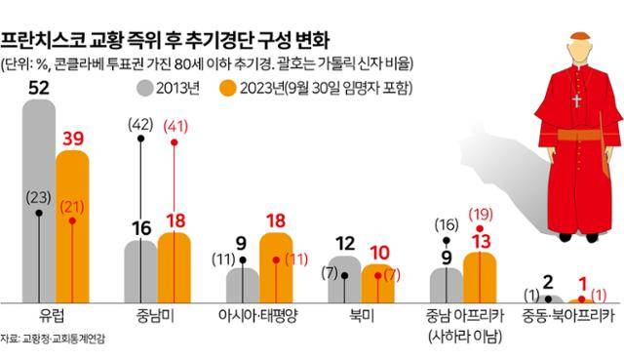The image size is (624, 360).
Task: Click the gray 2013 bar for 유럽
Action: [x=39, y=195]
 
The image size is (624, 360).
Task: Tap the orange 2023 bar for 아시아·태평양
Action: [x=275, y=268]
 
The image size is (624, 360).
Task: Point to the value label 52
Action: [x=40, y=88]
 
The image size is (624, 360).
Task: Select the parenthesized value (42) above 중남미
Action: [x=142, y=124]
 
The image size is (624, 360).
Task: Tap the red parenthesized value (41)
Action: [x=175, y=124]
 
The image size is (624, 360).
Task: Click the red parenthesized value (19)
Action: [x=480, y=214]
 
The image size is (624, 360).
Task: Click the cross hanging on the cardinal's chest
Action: [x=575, y=100]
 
